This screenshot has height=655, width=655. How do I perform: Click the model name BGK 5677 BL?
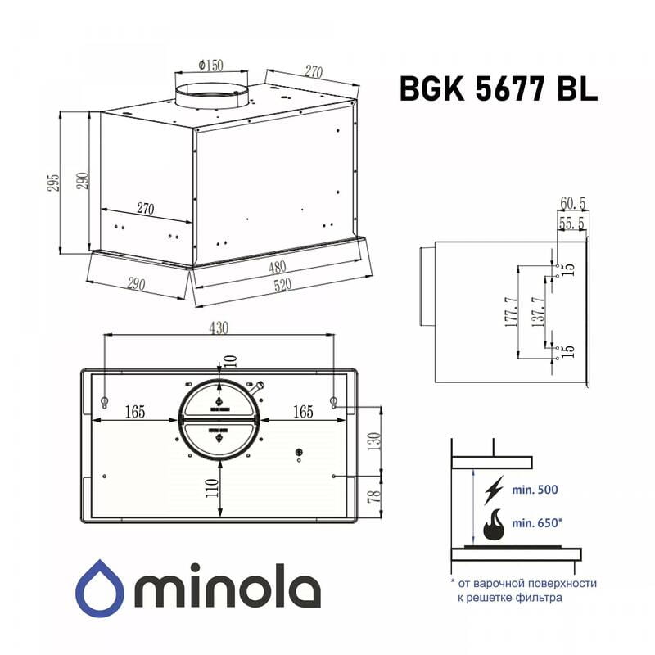pos(498,88)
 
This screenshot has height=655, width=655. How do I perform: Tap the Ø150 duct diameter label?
pos(211,65)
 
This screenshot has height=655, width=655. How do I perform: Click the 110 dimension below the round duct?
pos(210,490)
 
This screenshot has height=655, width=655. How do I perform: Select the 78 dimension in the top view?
pos(373,496)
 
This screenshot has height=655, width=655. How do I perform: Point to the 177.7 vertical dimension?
pos(511,313)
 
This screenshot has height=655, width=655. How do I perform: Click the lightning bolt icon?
pos(495,490)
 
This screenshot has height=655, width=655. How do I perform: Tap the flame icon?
pos(494,525)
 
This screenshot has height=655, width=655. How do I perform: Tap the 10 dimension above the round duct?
pos(230,361)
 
